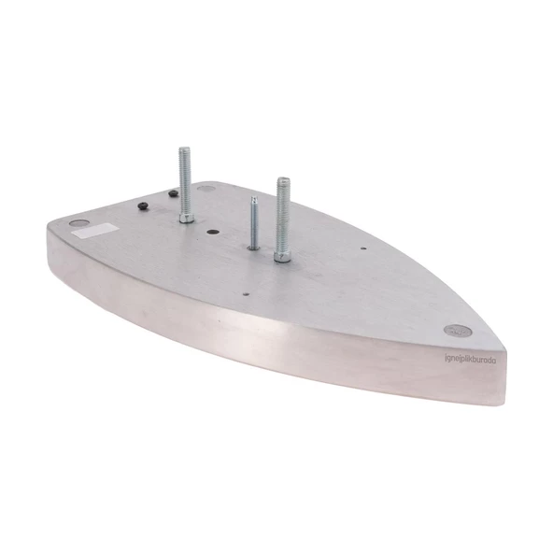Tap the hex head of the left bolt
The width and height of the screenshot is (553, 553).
187,217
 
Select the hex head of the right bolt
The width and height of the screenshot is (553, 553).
283,254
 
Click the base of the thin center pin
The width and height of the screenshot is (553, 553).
254,247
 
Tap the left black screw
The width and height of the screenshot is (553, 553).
143,206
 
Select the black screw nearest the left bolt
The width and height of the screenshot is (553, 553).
173,194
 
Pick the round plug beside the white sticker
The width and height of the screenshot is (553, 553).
78,224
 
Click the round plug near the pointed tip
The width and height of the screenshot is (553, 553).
457,330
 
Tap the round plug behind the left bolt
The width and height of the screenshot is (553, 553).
207,188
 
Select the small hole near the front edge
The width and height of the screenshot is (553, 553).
245,291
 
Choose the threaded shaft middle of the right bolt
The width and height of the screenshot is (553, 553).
283,215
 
